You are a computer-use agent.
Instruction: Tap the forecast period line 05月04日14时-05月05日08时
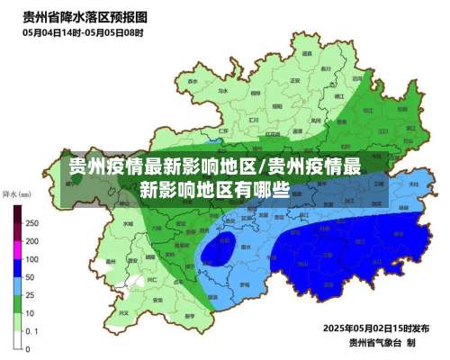pyautogui.click(x=83, y=32)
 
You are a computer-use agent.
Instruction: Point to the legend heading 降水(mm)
pyautogui.click(x=17, y=193)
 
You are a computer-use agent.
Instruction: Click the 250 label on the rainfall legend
pyautogui.click(x=31, y=222)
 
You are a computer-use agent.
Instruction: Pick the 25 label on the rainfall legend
pyautogui.click(x=31, y=295)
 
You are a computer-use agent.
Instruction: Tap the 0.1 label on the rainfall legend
pyautogui.click(x=31, y=330)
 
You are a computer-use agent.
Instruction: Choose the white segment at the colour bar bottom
pyautogui.click(x=17, y=337)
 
